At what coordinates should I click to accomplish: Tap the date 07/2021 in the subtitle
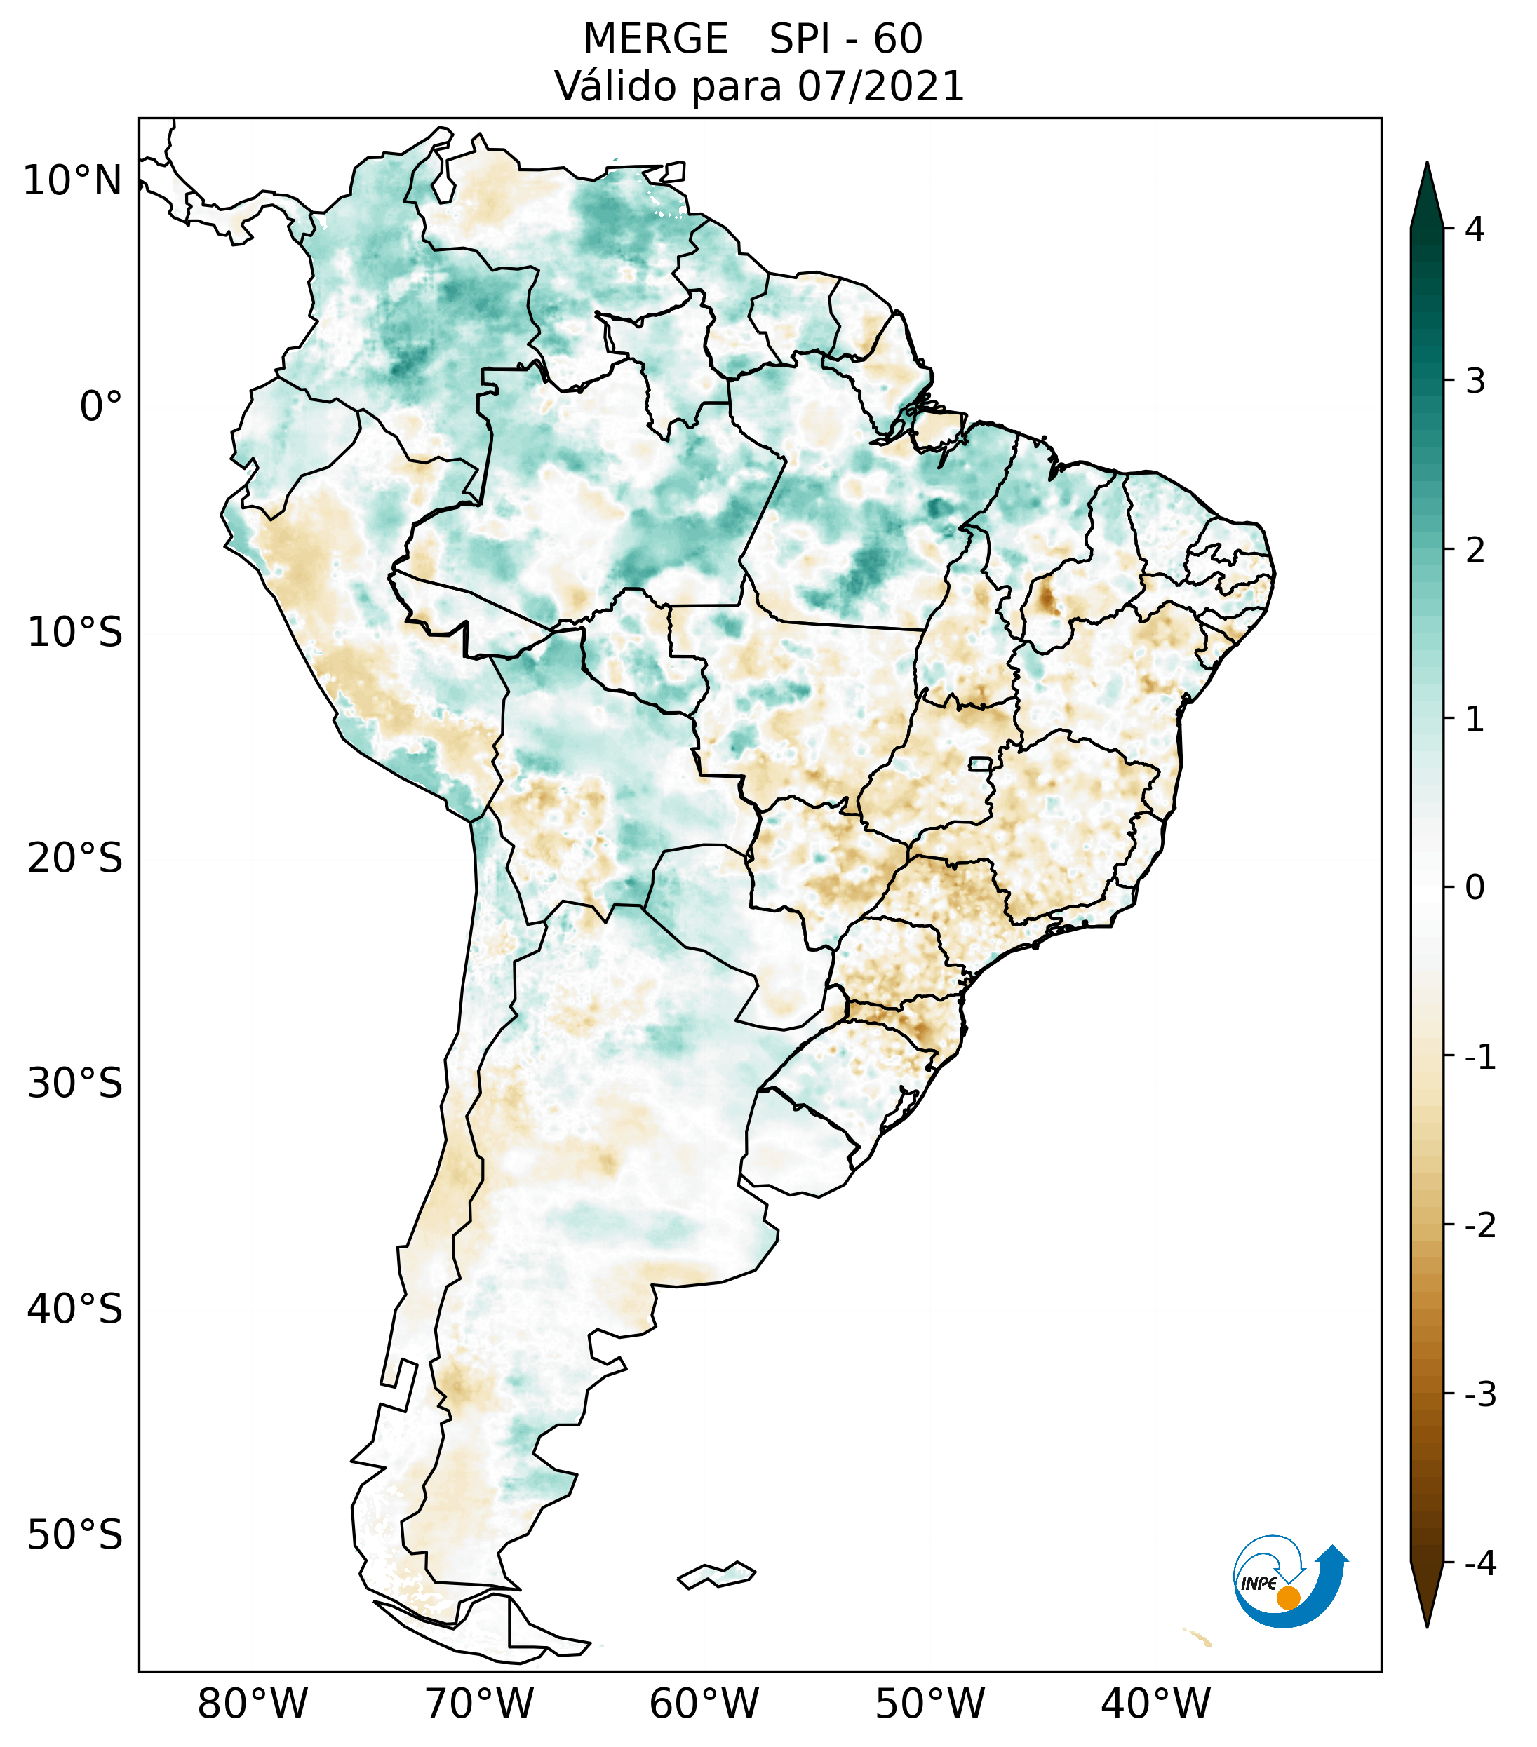pyautogui.click(x=880, y=86)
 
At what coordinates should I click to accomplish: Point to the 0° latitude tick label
pyautogui.click(x=101, y=407)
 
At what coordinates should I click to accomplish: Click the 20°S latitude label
pyautogui.click(x=75, y=858)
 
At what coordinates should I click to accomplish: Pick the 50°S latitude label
pyautogui.click(x=75, y=1536)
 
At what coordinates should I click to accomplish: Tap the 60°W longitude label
pyautogui.click(x=704, y=1704)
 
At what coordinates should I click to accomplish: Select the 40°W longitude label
pyautogui.click(x=1156, y=1704)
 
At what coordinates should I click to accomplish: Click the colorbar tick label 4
pyautogui.click(x=1475, y=229)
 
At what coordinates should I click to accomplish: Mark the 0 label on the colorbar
pyautogui.click(x=1475, y=888)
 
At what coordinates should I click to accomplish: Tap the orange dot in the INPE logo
pyautogui.click(x=1287, y=1598)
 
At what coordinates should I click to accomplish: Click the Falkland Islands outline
pyautogui.click(x=716, y=1574)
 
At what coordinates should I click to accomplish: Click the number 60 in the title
pyautogui.click(x=898, y=39)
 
